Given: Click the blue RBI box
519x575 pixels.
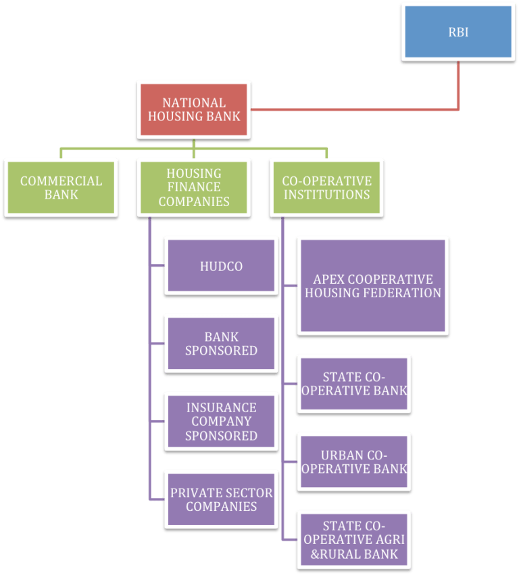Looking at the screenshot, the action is tap(458, 32).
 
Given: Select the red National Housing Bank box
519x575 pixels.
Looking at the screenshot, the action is tap(194, 109).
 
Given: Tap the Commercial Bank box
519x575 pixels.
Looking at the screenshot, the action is tap(61, 187).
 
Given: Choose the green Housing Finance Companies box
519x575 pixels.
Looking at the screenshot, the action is tap(194, 187).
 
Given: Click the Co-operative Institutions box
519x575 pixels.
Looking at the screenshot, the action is tap(326, 187).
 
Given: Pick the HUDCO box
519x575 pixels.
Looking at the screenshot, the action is tap(221, 266).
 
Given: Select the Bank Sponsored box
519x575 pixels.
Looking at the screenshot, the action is tap(221, 344).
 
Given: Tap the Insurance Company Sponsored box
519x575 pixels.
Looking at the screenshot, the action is tap(221, 422).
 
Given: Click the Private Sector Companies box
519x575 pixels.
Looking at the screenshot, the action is tap(221, 499).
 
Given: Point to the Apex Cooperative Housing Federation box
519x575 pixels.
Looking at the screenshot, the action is tap(373, 286).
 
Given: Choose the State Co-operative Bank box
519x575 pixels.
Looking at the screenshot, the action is tap(354, 384).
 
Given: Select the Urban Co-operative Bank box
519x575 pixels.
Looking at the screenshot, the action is tap(354, 461).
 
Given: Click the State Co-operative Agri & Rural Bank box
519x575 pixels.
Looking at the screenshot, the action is tap(354, 540).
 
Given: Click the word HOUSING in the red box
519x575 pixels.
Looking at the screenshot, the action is tap(170, 116).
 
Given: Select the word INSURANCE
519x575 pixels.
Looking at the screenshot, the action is tap(221, 407).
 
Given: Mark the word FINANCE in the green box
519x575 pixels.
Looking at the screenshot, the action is tap(194, 187).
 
